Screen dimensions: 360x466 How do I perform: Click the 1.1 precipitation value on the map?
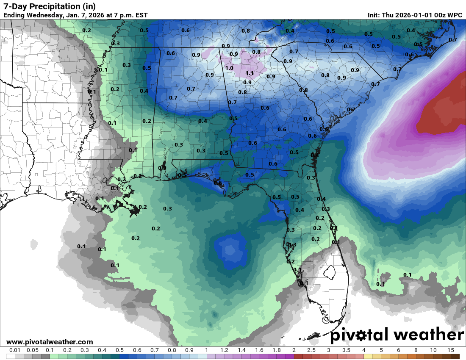click(250, 73)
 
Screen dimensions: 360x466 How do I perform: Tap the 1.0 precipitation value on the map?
click(229, 68)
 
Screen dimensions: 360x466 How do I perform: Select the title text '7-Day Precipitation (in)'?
click(50, 6)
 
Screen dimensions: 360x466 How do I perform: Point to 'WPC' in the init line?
click(455, 15)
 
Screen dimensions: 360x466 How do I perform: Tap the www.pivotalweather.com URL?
click(50, 342)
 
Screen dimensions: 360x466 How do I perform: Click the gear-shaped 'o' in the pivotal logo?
click(361, 335)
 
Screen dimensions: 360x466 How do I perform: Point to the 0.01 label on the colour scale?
click(15, 350)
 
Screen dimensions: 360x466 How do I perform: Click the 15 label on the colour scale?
click(450, 350)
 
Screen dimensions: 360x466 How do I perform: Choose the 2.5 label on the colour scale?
click(311, 350)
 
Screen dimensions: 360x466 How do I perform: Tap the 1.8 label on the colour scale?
click(276, 350)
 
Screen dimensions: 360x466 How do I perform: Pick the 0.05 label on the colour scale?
click(33, 350)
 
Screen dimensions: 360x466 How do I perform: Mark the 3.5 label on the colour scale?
click(346, 350)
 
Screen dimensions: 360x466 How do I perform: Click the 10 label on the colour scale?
click(433, 350)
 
